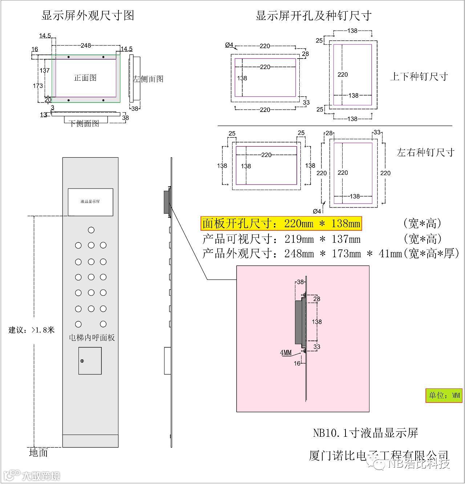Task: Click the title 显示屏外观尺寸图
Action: [x=88, y=15]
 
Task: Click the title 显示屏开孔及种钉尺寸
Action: [x=314, y=16]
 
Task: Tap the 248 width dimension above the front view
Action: [x=86, y=45]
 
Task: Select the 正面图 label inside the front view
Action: [x=85, y=78]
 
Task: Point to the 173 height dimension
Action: [x=38, y=86]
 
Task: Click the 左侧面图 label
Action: [x=148, y=79]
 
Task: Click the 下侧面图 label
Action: [x=84, y=124]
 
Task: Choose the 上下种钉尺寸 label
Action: [x=418, y=77]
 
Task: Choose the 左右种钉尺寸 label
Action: [x=425, y=152]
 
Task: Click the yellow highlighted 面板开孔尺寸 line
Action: [x=281, y=223]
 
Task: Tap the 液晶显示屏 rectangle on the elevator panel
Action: [x=90, y=202]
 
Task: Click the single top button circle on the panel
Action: [x=91, y=230]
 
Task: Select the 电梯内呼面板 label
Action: [x=92, y=338]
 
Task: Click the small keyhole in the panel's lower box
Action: [x=82, y=361]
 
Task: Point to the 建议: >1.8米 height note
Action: [x=32, y=330]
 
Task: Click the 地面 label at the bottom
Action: [x=39, y=453]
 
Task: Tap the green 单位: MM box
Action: [x=444, y=395]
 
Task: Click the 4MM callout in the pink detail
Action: [x=286, y=352]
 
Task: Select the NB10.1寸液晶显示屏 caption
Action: [x=365, y=433]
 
